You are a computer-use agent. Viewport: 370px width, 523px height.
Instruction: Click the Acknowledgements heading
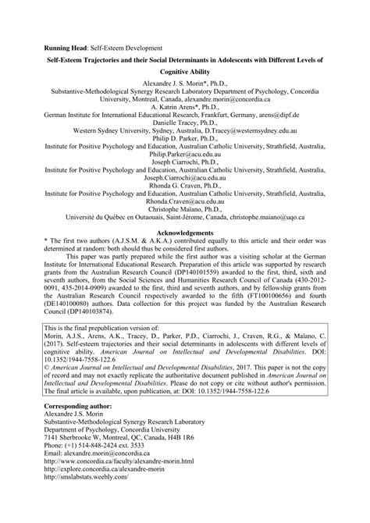click(185, 233)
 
